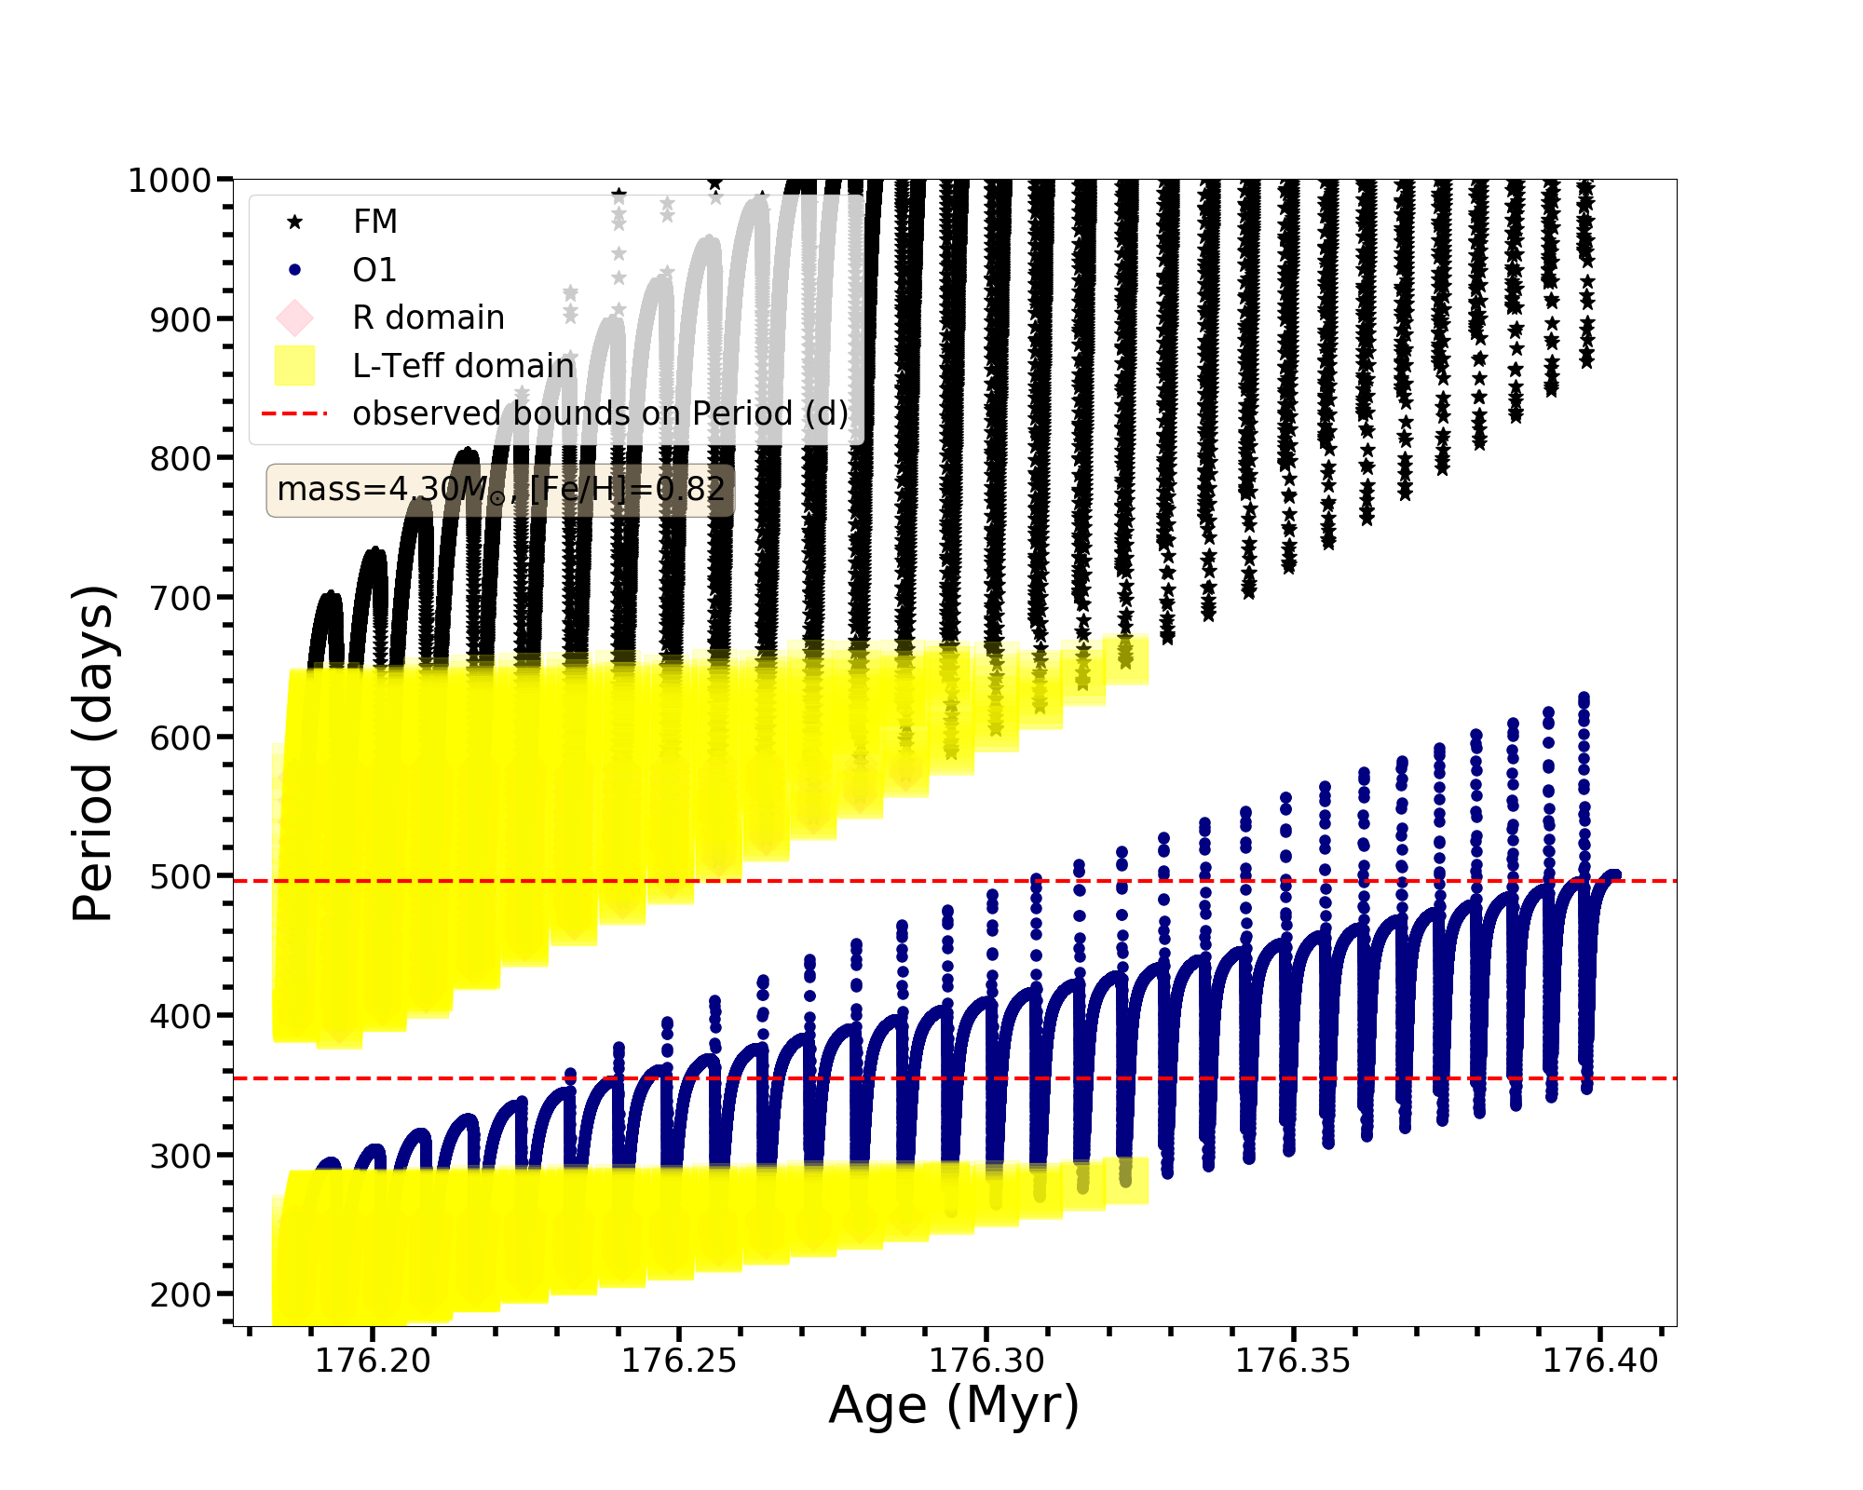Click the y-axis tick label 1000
pyautogui.click(x=169, y=181)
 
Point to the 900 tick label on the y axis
pyautogui.click(x=181, y=319)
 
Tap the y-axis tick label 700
pyautogui.click(x=181, y=598)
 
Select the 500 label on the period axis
pyautogui.click(x=181, y=876)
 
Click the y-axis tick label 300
pyautogui.click(x=181, y=1155)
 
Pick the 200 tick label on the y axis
pyautogui.click(x=181, y=1294)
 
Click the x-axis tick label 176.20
pyautogui.click(x=373, y=1361)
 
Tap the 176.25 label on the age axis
pyautogui.click(x=679, y=1361)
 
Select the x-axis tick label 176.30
pyautogui.click(x=986, y=1361)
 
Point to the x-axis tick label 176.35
pyautogui.click(x=1293, y=1361)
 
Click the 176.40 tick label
pyautogui.click(x=1600, y=1361)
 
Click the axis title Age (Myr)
pyautogui.click(x=954, y=1405)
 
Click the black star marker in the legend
pyautogui.click(x=294, y=222)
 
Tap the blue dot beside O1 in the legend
pyautogui.click(x=294, y=270)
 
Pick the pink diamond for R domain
pyautogui.click(x=294, y=318)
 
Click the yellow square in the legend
pyautogui.click(x=294, y=366)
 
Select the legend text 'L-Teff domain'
pyautogui.click(x=463, y=366)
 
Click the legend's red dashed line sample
pyautogui.click(x=294, y=413)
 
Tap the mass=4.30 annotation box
pyautogui.click(x=500, y=490)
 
